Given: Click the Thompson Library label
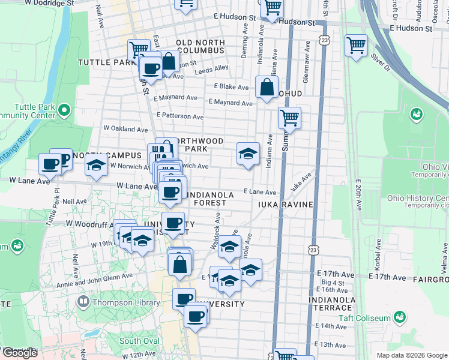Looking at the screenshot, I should coord(126,303).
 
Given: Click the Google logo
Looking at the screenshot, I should coord(20,353).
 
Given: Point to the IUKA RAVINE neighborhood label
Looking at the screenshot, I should coord(286,205).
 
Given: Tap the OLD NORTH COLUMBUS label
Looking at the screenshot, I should coord(200,47).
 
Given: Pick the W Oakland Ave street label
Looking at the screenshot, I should coord(125,129).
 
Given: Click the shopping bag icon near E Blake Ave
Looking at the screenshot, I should coord(266,88).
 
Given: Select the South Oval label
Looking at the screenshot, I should coord(139,341).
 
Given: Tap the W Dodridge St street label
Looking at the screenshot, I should coord(46,3).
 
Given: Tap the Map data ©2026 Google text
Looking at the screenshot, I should coord(412,355).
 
